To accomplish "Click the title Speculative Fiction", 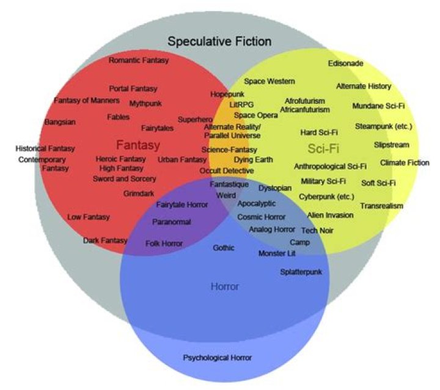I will (219, 42).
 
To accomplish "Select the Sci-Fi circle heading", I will (323, 148).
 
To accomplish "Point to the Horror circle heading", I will (224, 286).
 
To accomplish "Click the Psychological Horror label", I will (218, 358).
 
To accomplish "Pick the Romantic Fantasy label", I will (139, 60).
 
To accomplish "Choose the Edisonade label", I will (345, 63).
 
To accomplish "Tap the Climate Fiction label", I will (405, 163).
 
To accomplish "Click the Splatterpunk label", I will (301, 272).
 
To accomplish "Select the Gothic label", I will (224, 248).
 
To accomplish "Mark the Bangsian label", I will (60, 122).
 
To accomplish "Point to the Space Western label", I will (269, 81).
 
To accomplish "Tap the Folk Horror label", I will (164, 244).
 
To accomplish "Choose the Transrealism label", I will (381, 206).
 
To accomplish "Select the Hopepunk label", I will (227, 95).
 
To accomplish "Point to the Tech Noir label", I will (317, 231).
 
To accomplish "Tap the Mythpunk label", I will (145, 104).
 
